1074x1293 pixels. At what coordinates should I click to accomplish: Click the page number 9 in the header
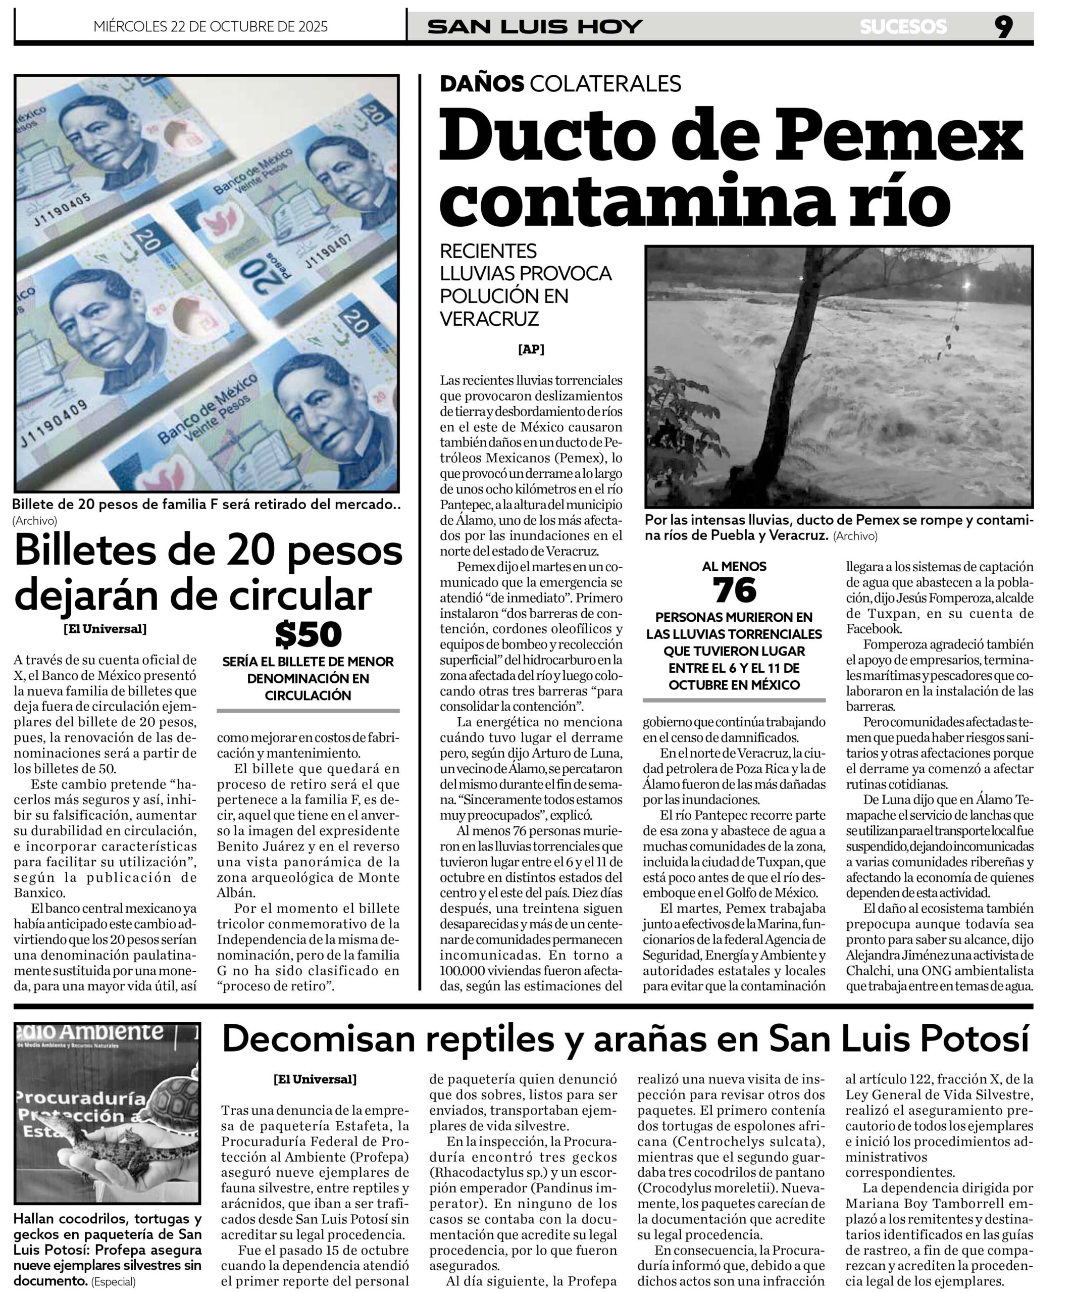pyautogui.click(x=1003, y=26)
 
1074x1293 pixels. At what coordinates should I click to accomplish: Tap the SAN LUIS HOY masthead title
pyautogui.click(x=535, y=26)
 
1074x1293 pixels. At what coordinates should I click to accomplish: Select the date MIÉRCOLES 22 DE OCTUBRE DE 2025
pyautogui.click(x=211, y=26)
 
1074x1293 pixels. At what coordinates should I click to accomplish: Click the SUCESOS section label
pyautogui.click(x=903, y=26)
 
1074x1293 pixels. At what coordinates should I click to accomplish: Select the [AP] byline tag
pyautogui.click(x=531, y=349)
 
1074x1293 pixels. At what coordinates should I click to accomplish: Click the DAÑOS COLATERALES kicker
pyautogui.click(x=560, y=83)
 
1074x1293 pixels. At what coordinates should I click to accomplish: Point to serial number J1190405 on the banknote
pyautogui.click(x=62, y=209)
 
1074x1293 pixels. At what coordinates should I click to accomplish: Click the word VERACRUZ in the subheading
pyautogui.click(x=489, y=318)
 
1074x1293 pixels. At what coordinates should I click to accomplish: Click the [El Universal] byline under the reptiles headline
pyautogui.click(x=315, y=1079)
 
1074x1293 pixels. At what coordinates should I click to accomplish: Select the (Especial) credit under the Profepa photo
pyautogui.click(x=113, y=1281)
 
